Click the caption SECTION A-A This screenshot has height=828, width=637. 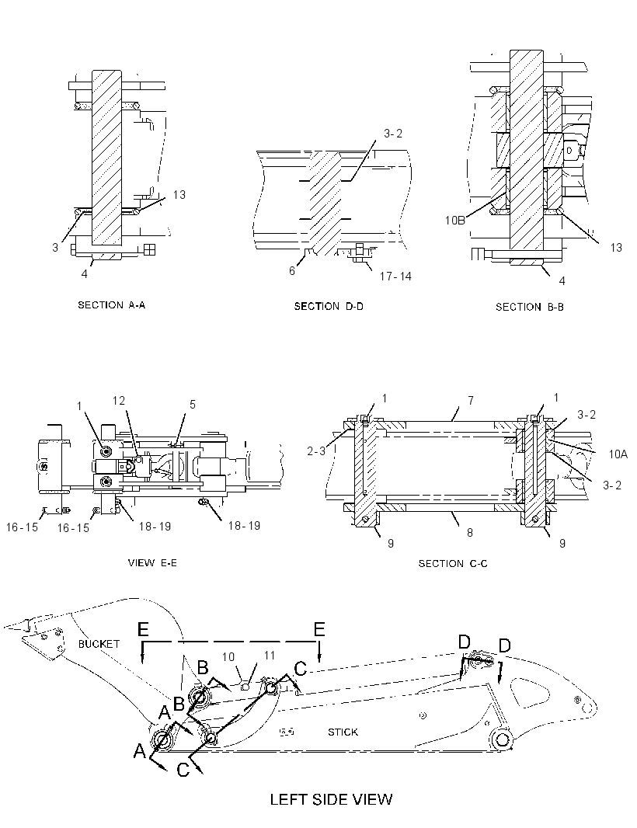[x=111, y=304]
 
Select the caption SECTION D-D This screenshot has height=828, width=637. [x=329, y=306]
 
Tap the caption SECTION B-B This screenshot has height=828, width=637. [x=529, y=307]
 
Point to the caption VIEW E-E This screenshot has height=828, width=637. [x=152, y=563]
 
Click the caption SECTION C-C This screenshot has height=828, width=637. [x=453, y=564]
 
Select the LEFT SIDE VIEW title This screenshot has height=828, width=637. [x=331, y=799]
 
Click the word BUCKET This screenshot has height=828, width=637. [x=99, y=644]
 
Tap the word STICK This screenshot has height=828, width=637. [x=343, y=732]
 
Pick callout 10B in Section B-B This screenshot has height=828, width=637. [x=454, y=220]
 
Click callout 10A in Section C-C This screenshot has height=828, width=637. [x=618, y=454]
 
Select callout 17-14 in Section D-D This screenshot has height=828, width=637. [x=395, y=277]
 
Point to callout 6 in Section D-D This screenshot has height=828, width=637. [x=291, y=271]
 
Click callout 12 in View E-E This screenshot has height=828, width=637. [x=119, y=401]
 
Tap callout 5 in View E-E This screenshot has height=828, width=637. [x=192, y=405]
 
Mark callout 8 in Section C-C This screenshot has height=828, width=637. [x=469, y=532]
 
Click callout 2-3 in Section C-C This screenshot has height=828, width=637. [x=316, y=451]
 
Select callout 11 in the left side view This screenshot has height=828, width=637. [x=270, y=656]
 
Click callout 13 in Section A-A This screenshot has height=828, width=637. [x=179, y=195]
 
